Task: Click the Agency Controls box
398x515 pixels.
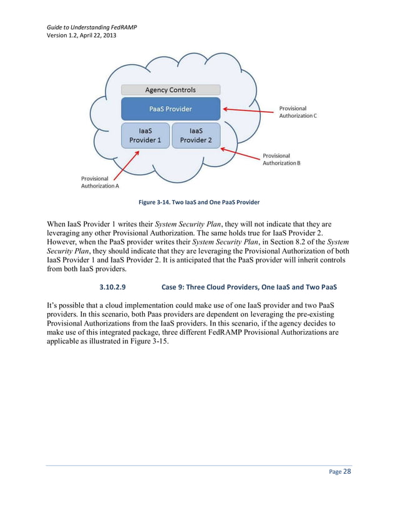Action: [x=170, y=90]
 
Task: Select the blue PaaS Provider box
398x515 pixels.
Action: [x=170, y=109]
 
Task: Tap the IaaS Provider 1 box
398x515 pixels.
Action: [x=145, y=135]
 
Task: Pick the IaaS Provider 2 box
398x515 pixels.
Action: [x=196, y=135]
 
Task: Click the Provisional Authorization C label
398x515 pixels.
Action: [x=298, y=112]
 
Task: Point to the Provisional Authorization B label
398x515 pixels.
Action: [x=281, y=159]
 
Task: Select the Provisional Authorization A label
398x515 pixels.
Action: [x=100, y=182]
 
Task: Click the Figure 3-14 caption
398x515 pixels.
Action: [x=199, y=203]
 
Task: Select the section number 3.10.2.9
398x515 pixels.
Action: [x=113, y=287]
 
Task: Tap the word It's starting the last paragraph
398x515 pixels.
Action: [x=52, y=306]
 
